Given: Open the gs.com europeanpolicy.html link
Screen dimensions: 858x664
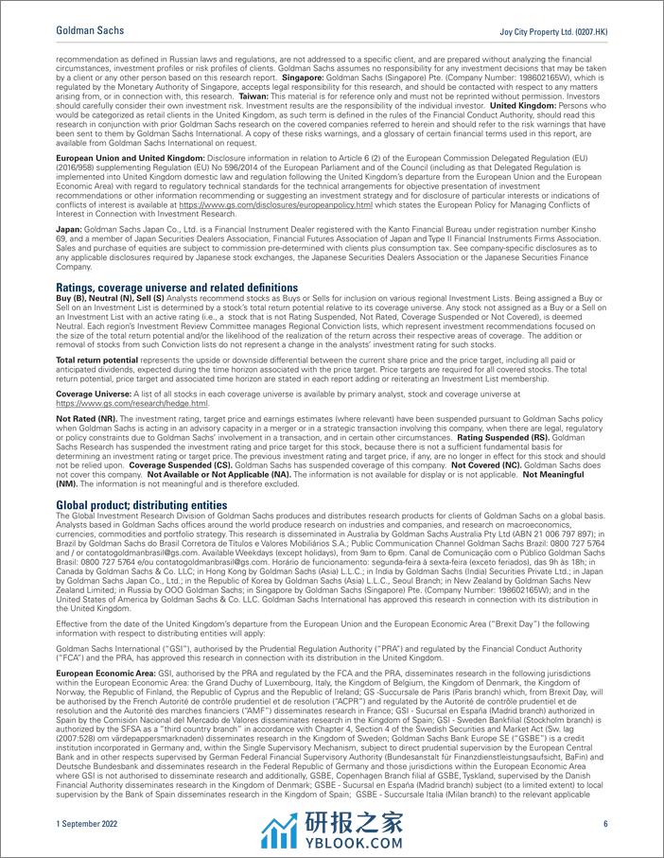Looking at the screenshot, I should [x=318, y=205].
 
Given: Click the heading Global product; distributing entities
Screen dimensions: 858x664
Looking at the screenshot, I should [x=142, y=505].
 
